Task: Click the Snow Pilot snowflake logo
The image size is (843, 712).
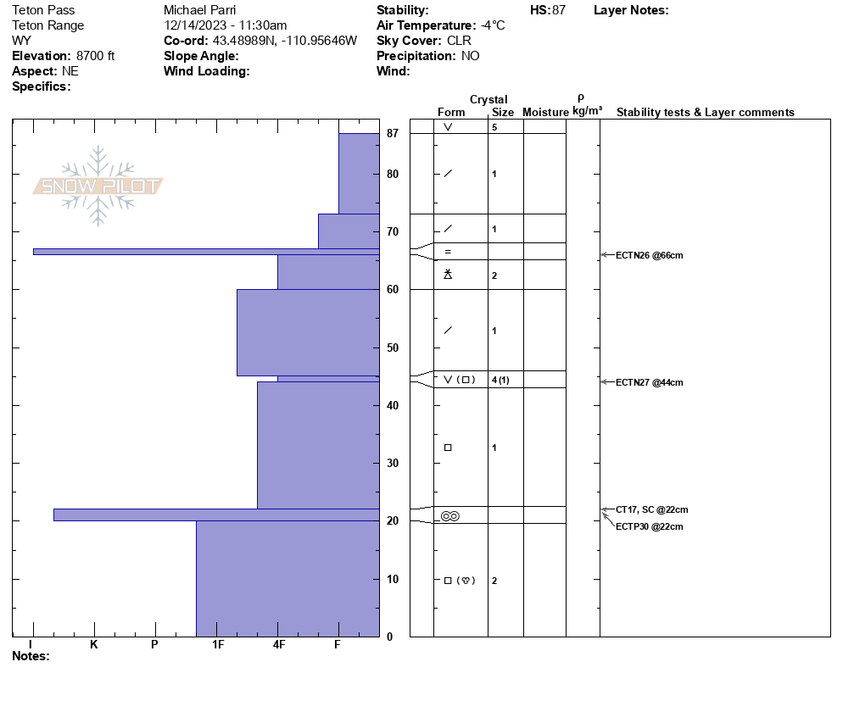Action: pos(98,186)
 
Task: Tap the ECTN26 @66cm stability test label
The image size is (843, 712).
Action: pos(650,255)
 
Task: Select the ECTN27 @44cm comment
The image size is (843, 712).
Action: pos(650,382)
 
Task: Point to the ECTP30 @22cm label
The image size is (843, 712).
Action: pos(650,526)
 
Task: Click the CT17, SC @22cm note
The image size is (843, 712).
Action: pos(652,509)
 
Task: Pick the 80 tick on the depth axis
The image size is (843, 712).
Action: pos(393,175)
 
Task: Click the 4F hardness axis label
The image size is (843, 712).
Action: pos(278,645)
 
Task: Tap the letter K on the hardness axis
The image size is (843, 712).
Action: pos(94,645)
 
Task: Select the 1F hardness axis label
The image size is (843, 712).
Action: pos(218,645)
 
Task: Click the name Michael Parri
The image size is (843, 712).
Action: pos(199,10)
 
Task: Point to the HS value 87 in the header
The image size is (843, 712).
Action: pos(558,10)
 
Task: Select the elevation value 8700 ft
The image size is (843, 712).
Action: pos(96,56)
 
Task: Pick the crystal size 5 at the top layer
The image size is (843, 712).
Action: pos(494,127)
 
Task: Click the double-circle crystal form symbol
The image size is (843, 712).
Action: pos(449,516)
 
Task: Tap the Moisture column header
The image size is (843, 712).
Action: pos(545,113)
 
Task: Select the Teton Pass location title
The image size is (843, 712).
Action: pos(43,10)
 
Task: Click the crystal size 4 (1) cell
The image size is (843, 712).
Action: pos(500,380)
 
